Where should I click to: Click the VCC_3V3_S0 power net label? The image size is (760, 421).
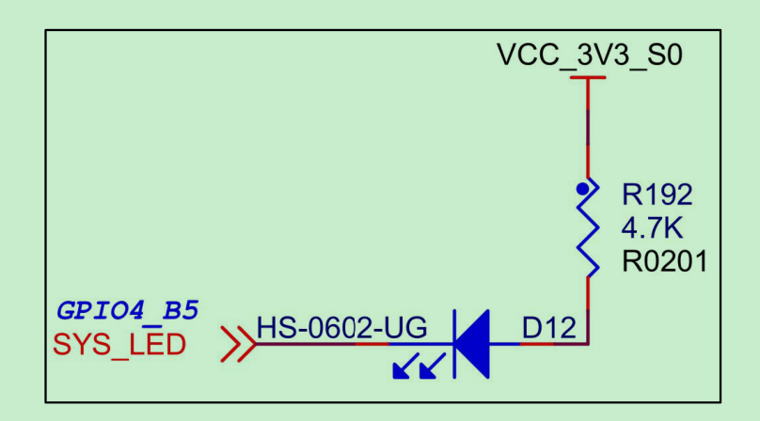[589, 55]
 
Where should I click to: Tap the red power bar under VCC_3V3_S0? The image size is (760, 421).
[589, 78]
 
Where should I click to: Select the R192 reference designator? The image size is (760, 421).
[657, 195]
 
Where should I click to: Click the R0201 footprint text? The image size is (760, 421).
[664, 261]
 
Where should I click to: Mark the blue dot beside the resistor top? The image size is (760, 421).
[583, 190]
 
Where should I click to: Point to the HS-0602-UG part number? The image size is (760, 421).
[342, 328]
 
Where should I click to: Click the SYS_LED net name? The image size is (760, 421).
[119, 345]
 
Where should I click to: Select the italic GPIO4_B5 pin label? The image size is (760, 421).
[128, 309]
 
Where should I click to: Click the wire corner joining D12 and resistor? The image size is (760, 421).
[589, 343]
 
